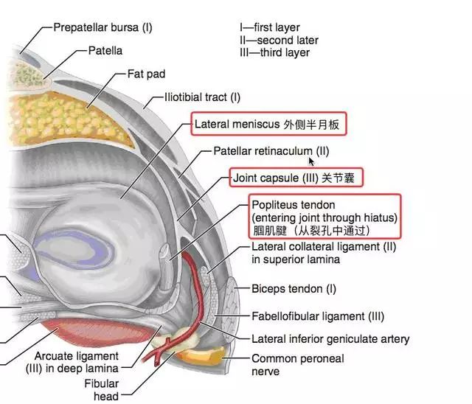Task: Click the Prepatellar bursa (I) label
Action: tap(103, 28)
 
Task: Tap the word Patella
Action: tap(107, 52)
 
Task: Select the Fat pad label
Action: tap(146, 74)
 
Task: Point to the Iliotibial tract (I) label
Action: tap(197, 97)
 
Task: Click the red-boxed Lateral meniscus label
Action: tap(268, 125)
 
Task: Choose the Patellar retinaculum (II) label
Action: tap(271, 151)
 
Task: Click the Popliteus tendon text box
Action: tap(324, 217)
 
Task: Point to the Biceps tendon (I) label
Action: tap(294, 289)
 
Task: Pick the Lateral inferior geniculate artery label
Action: tap(330, 339)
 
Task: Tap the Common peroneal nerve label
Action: tap(298, 365)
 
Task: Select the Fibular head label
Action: tap(101, 390)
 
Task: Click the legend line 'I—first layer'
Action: tap(270, 28)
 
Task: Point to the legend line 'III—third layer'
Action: tap(274, 52)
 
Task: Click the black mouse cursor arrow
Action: tap(313, 160)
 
